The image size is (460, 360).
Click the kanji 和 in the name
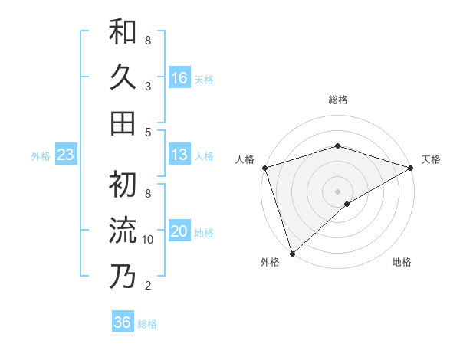click(123, 32)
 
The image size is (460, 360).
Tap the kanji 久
click(123, 77)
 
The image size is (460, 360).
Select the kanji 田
click(123, 123)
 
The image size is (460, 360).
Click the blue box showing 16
click(179, 77)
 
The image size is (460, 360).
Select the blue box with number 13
click(179, 155)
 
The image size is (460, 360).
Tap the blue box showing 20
click(179, 231)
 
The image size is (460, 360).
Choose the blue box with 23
click(65, 155)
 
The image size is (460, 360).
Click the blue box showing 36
click(122, 322)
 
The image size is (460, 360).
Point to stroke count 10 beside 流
click(148, 240)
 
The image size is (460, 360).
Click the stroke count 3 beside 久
click(148, 87)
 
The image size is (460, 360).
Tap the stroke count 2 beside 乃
click(148, 286)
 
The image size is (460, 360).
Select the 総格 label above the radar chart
click(337, 100)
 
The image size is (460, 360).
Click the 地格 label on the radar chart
click(402, 263)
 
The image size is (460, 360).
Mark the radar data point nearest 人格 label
click(264, 168)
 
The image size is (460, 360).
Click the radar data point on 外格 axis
click(292, 253)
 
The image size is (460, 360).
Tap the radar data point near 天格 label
click(411, 168)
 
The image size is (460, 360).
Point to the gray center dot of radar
click(337, 191)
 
